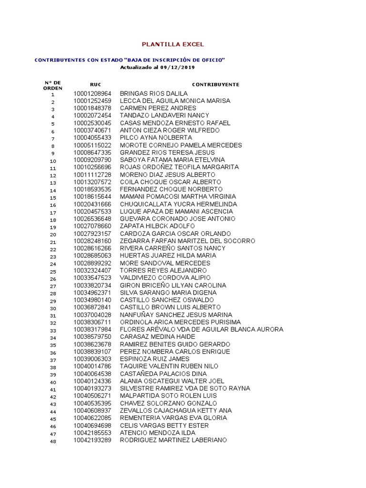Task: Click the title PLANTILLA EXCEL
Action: [x=173, y=44]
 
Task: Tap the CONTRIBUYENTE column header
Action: [x=213, y=84]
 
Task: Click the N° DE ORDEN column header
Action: [x=52, y=85]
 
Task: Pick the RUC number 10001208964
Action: [x=92, y=93]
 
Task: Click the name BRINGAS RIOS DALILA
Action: [x=153, y=93]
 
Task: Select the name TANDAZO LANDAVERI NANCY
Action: [x=164, y=115]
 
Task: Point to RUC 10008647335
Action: [x=92, y=152]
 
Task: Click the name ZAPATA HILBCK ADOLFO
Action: [x=157, y=226]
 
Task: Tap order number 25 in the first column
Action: [x=53, y=272]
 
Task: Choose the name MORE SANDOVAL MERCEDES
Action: [x=165, y=263]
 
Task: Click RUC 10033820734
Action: [x=92, y=285]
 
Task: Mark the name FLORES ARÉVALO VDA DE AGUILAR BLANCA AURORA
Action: [x=201, y=329]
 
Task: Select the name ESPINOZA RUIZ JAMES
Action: [x=154, y=359]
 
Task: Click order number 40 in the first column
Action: [x=53, y=382]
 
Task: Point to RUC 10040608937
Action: [x=92, y=410]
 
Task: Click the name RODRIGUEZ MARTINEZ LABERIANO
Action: [x=173, y=440]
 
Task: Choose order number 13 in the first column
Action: [x=53, y=183]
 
